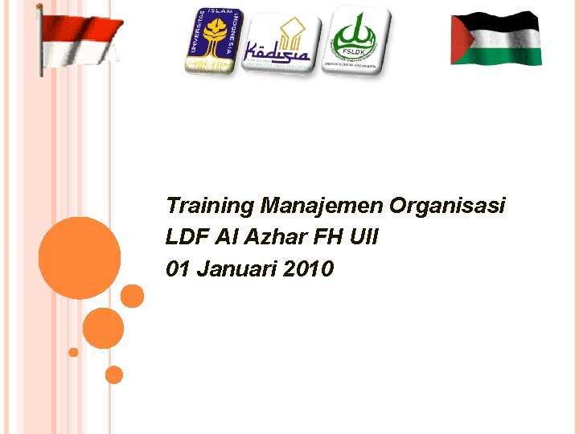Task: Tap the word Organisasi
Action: [447, 206]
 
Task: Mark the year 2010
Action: [309, 269]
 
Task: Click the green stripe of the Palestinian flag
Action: [507, 55]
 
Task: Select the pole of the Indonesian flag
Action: [40, 40]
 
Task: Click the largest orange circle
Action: [79, 258]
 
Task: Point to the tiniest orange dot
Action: [73, 352]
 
